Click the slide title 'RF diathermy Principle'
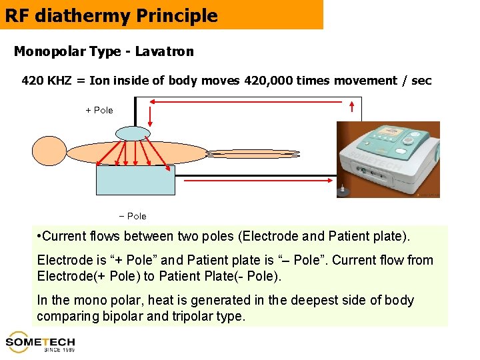111,15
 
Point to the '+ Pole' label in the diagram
99,110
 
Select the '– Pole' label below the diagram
132,216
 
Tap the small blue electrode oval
133,133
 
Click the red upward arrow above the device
352,107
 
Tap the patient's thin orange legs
253,154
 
